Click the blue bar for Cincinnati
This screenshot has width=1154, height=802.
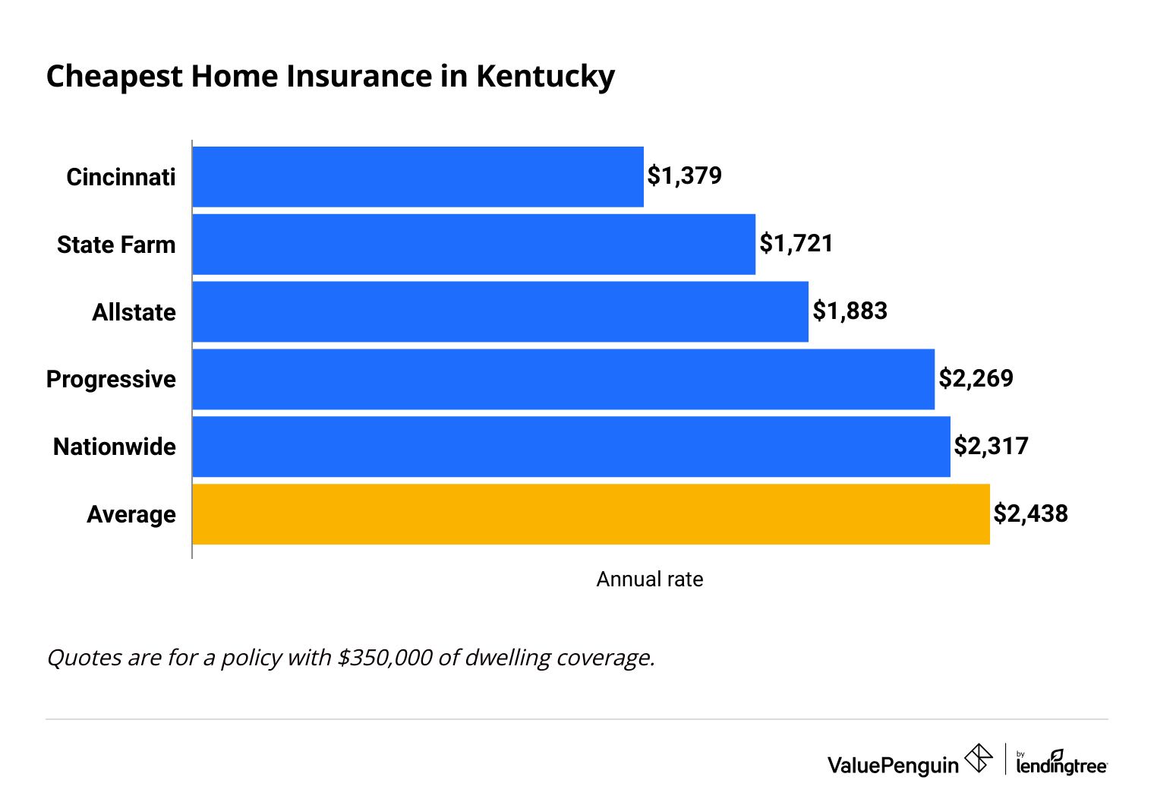click(418, 177)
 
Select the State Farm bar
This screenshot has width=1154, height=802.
click(474, 245)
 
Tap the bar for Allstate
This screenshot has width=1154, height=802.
click(500, 312)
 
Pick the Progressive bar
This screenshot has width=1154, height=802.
click(563, 379)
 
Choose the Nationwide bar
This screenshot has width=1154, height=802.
click(571, 447)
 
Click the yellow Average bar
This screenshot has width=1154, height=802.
click(591, 514)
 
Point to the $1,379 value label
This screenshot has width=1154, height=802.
click(684, 176)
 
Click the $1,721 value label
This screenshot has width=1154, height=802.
click(796, 244)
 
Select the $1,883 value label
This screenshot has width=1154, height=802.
click(850, 311)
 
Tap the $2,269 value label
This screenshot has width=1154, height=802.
click(976, 378)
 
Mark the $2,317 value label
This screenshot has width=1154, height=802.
click(991, 446)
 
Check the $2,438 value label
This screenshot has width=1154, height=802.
click(1030, 514)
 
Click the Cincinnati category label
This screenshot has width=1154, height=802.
click(121, 177)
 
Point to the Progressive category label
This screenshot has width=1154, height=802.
click(111, 379)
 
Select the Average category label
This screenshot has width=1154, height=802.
click(131, 515)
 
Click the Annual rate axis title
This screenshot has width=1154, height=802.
click(649, 579)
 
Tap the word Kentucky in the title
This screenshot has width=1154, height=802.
click(545, 77)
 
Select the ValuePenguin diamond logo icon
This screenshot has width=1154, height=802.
click(978, 758)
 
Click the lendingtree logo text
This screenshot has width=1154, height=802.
click(1061, 766)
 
